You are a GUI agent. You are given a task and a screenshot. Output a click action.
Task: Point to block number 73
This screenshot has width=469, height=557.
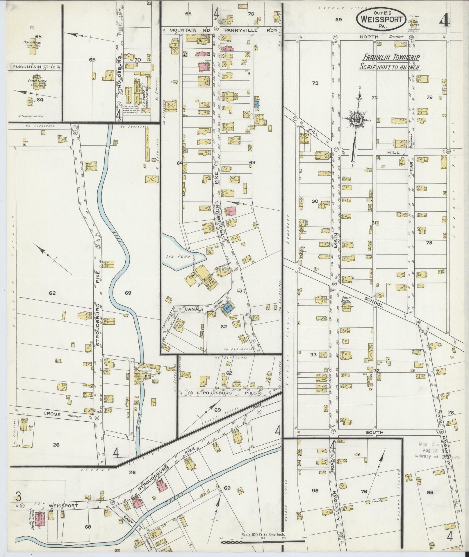point(315,83)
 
